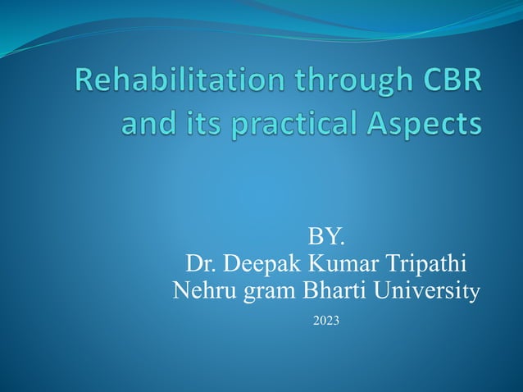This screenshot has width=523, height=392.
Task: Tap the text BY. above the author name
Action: point(326,238)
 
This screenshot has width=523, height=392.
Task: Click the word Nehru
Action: point(202,289)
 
